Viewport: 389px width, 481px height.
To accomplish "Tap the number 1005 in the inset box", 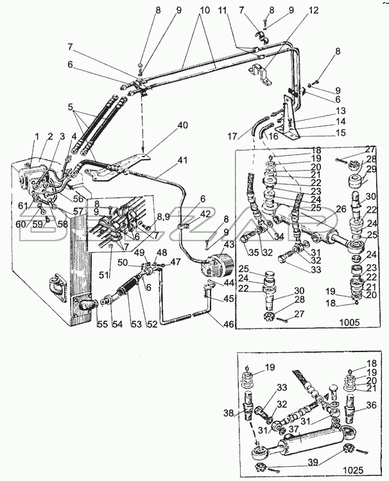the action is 349,322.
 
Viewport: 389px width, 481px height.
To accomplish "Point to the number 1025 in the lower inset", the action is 353,470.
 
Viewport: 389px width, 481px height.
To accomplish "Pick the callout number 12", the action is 313,10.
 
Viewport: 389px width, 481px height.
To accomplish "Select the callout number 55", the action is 103,325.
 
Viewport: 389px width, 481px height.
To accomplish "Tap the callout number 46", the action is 229,324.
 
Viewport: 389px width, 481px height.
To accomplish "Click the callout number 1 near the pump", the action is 37,137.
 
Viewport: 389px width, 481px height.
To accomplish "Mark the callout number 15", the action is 340,133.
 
